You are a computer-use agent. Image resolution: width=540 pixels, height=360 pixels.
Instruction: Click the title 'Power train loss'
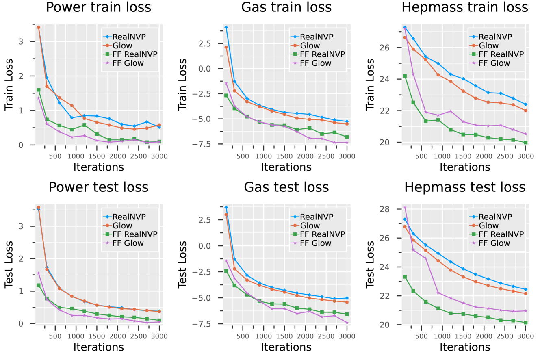[x=98, y=7]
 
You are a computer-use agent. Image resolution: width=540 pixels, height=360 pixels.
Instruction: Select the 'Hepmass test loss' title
[x=465, y=187]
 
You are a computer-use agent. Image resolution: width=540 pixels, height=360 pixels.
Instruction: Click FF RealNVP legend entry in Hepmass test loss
[x=501, y=234]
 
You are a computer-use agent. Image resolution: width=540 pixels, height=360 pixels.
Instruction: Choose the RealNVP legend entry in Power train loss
[x=129, y=37]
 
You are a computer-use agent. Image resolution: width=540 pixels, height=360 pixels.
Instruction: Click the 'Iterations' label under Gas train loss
[x=286, y=167]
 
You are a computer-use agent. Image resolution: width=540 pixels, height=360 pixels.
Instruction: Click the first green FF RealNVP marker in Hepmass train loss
[x=405, y=76]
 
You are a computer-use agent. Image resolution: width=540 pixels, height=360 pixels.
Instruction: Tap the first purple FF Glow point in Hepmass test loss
[x=405, y=207]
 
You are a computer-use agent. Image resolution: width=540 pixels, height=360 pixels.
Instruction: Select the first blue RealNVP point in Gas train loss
[x=226, y=27]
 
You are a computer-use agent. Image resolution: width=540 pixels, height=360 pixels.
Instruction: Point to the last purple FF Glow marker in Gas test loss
[x=347, y=323]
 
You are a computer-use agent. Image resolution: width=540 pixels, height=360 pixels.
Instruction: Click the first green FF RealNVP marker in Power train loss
[x=38, y=90]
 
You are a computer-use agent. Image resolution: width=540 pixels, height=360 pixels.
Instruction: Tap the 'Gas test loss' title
[x=286, y=187]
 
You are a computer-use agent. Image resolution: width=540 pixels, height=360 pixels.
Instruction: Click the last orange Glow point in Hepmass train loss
[x=525, y=111]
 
